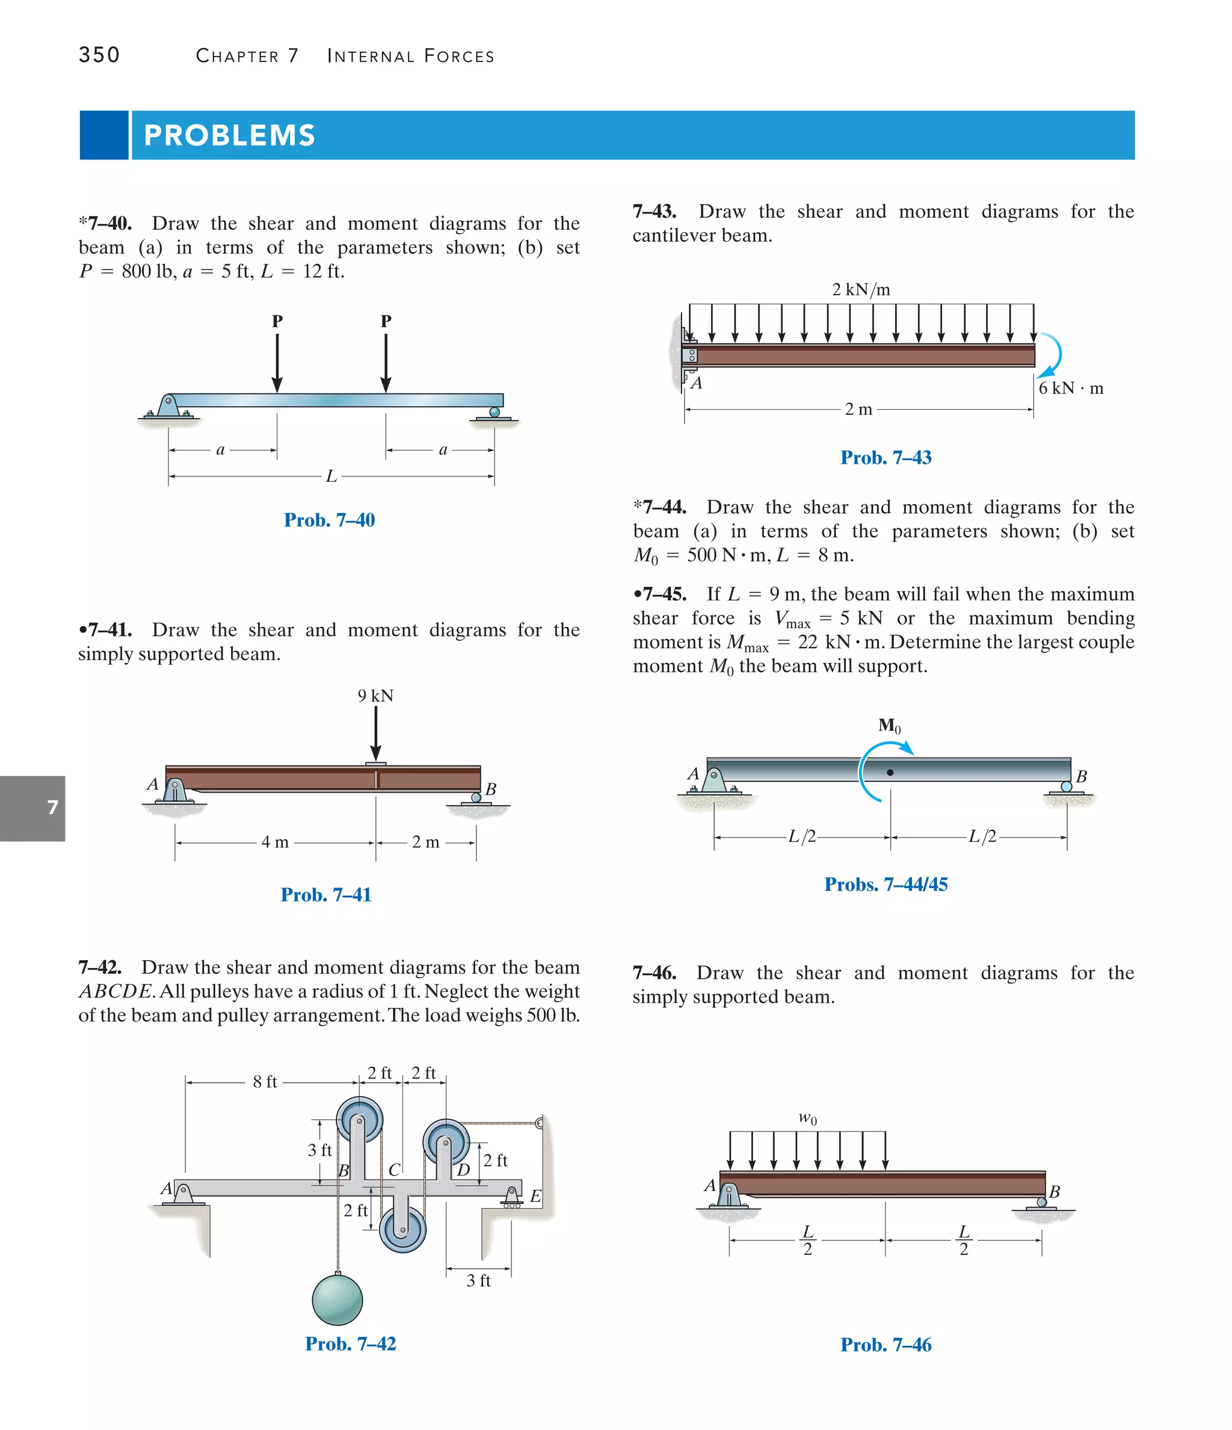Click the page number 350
point(99,55)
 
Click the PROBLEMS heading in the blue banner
point(229,135)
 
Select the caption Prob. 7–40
point(329,520)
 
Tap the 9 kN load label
point(375,695)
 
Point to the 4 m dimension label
point(275,842)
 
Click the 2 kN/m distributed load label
point(861,289)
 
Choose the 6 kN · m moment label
point(1071,388)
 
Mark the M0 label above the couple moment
point(889,726)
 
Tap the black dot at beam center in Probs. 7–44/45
point(890,772)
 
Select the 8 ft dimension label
point(265,1082)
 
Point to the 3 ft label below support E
point(478,1281)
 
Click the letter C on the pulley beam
point(394,1170)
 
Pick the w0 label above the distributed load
point(807,1117)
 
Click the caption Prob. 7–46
point(885,1345)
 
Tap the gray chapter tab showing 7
point(32,807)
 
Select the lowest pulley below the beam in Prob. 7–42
point(403,1229)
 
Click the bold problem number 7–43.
point(654,211)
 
